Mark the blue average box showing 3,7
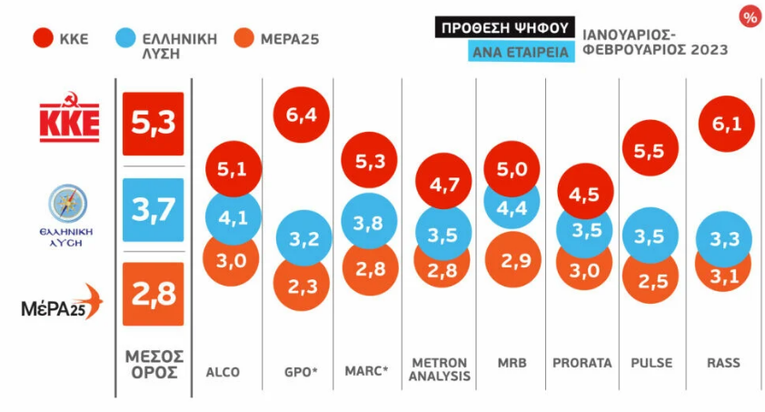tap(153, 210)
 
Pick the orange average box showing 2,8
tap(153, 294)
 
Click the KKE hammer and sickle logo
tap(69, 118)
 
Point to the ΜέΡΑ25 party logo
tap(62, 304)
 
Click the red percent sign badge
tap(750, 17)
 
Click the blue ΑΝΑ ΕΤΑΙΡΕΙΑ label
tap(522, 52)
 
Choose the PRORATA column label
tap(581, 363)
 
